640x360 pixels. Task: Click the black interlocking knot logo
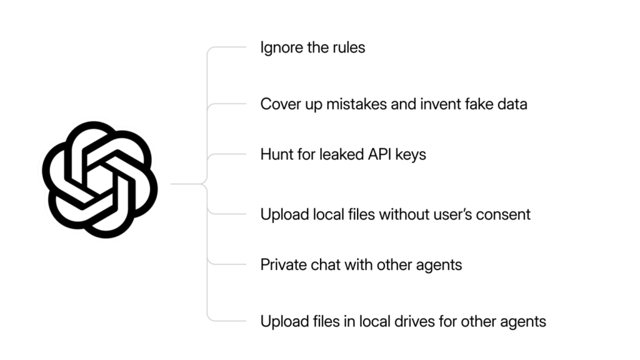pyautogui.click(x=100, y=179)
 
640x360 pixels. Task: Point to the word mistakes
pyautogui.click(x=356, y=104)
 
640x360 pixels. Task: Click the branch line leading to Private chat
pyautogui.click(x=227, y=264)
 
